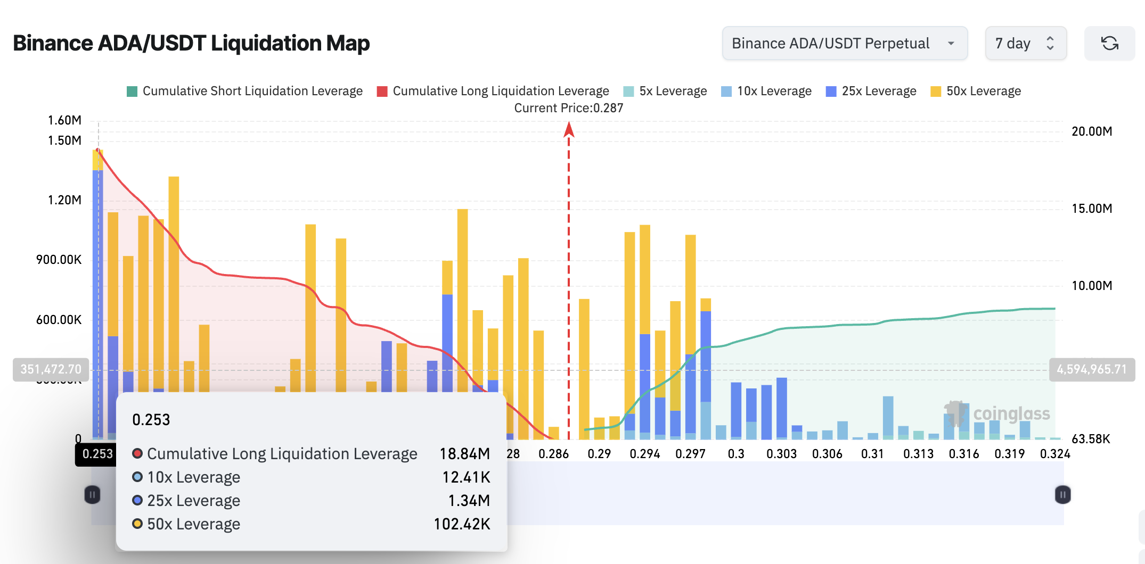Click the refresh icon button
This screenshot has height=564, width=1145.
tap(1109, 43)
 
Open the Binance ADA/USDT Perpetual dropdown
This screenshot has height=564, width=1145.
tap(844, 43)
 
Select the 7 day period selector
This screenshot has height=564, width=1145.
tap(1025, 43)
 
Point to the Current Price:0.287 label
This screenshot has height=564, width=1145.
tap(568, 108)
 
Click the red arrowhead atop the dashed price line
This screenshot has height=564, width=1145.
tap(569, 129)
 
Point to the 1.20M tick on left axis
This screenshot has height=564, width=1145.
tap(64, 200)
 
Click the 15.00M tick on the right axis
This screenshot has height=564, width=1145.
tap(1091, 209)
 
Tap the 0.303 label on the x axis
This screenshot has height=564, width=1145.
tap(781, 454)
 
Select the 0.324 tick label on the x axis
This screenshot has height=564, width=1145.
tap(1054, 454)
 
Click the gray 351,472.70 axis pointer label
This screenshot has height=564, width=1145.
tap(51, 369)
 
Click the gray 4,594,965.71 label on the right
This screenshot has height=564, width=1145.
tap(1092, 369)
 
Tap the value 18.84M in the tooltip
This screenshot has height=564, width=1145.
tap(464, 454)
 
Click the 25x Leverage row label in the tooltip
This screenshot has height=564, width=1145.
tap(193, 501)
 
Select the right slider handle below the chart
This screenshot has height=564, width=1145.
tap(1062, 495)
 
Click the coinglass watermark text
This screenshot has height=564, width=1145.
tap(1011, 413)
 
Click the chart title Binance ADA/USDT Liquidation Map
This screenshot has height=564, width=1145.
tap(191, 43)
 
